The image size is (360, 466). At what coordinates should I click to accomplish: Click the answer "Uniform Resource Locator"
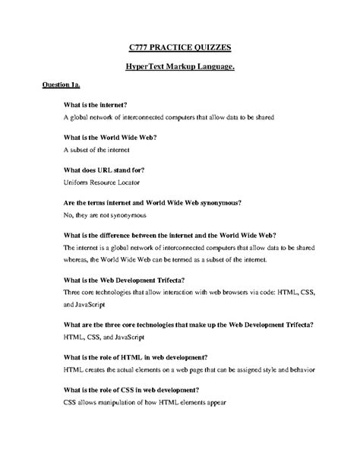click(x=106, y=183)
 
